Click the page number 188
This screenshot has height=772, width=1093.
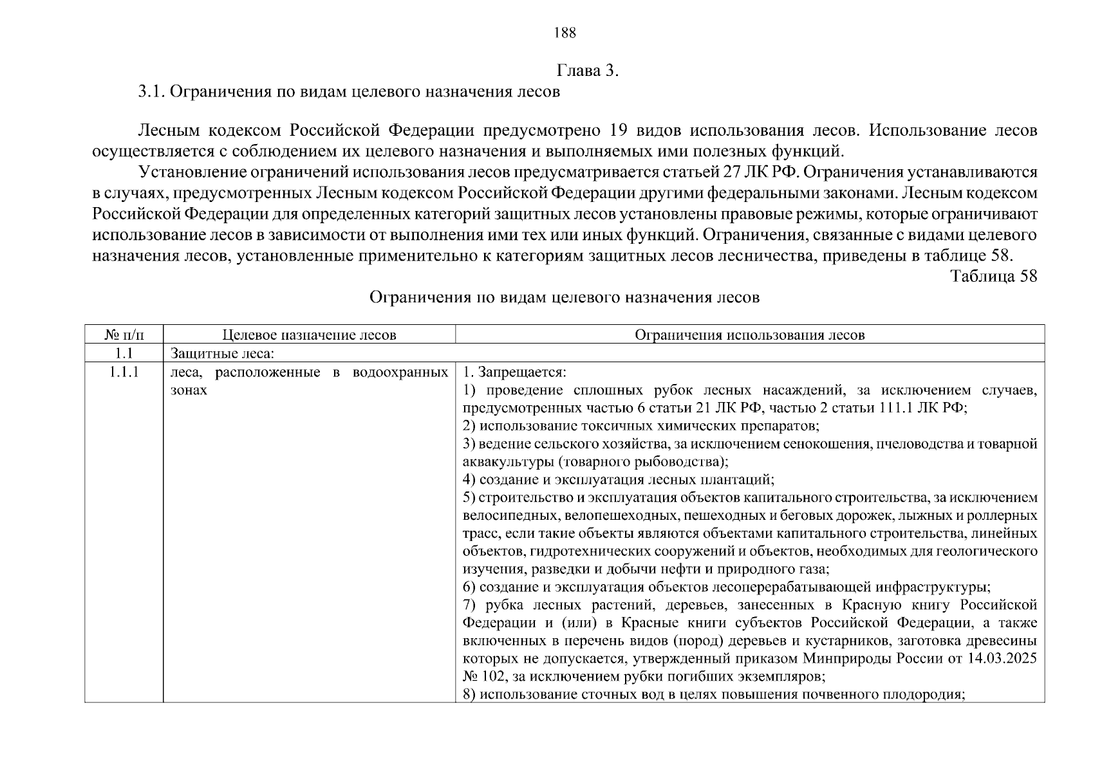pyautogui.click(x=565, y=33)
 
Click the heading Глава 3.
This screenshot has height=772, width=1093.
pyautogui.click(x=587, y=71)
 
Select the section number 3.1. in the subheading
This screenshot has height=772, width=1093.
pyautogui.click(x=152, y=92)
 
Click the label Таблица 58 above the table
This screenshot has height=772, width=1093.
pyautogui.click(x=993, y=276)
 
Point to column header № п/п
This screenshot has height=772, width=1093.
pyautogui.click(x=124, y=335)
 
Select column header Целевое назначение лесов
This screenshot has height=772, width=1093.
pyautogui.click(x=309, y=335)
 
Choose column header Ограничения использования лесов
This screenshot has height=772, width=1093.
pyautogui.click(x=749, y=335)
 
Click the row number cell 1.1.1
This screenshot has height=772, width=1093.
pyautogui.click(x=124, y=372)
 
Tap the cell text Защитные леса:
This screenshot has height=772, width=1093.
pyautogui.click(x=223, y=353)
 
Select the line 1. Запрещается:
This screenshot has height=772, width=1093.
pyautogui.click(x=514, y=372)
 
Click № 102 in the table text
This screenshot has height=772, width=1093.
pyautogui.click(x=485, y=677)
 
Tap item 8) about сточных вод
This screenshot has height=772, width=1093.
pyautogui.click(x=713, y=695)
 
